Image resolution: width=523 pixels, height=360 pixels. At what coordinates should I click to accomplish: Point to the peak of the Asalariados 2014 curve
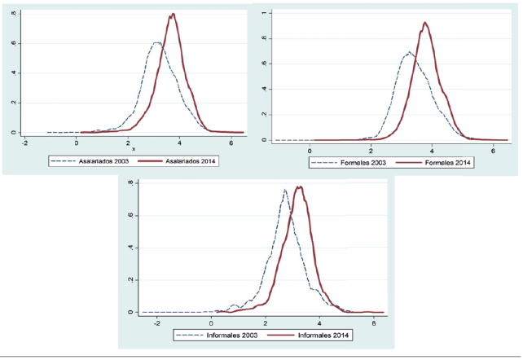coord(174,14)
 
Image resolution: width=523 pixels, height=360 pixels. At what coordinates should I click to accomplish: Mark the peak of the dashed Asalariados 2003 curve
coord(156,42)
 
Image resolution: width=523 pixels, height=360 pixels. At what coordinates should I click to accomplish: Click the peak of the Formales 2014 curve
coord(424,23)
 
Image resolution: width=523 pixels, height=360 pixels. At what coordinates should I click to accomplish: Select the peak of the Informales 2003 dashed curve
coord(284,191)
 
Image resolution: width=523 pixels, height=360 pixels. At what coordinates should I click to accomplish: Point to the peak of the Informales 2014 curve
coord(300,187)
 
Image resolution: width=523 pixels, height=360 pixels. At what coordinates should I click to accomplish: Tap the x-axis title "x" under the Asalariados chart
coord(134,148)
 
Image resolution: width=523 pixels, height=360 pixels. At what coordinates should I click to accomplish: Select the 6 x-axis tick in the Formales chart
coord(494,150)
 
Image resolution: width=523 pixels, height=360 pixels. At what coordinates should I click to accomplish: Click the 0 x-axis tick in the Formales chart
coord(310,150)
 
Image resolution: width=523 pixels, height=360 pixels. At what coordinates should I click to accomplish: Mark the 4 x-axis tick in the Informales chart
coord(319,321)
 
